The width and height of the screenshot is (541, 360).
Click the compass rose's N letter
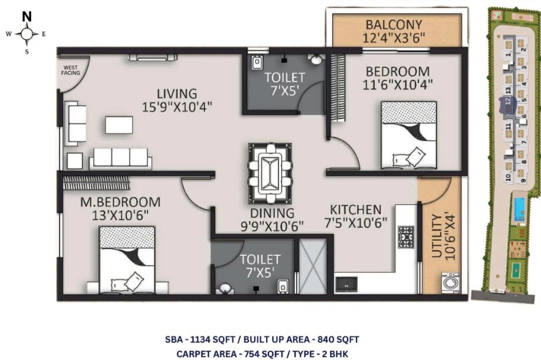pos(26,16)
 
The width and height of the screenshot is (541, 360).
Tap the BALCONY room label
pos(394,25)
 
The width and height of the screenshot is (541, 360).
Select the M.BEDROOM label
pos(120,203)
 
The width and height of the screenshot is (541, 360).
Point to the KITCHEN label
pos(355,210)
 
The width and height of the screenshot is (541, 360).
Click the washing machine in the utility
pos(451,283)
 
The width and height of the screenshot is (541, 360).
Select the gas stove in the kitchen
pos(406,235)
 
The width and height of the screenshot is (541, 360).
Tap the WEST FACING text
pos(71,70)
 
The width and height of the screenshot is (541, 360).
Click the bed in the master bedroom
pos(126,261)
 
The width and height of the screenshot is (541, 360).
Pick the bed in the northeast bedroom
pos(409,135)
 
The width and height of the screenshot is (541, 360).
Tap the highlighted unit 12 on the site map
pos(507,102)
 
